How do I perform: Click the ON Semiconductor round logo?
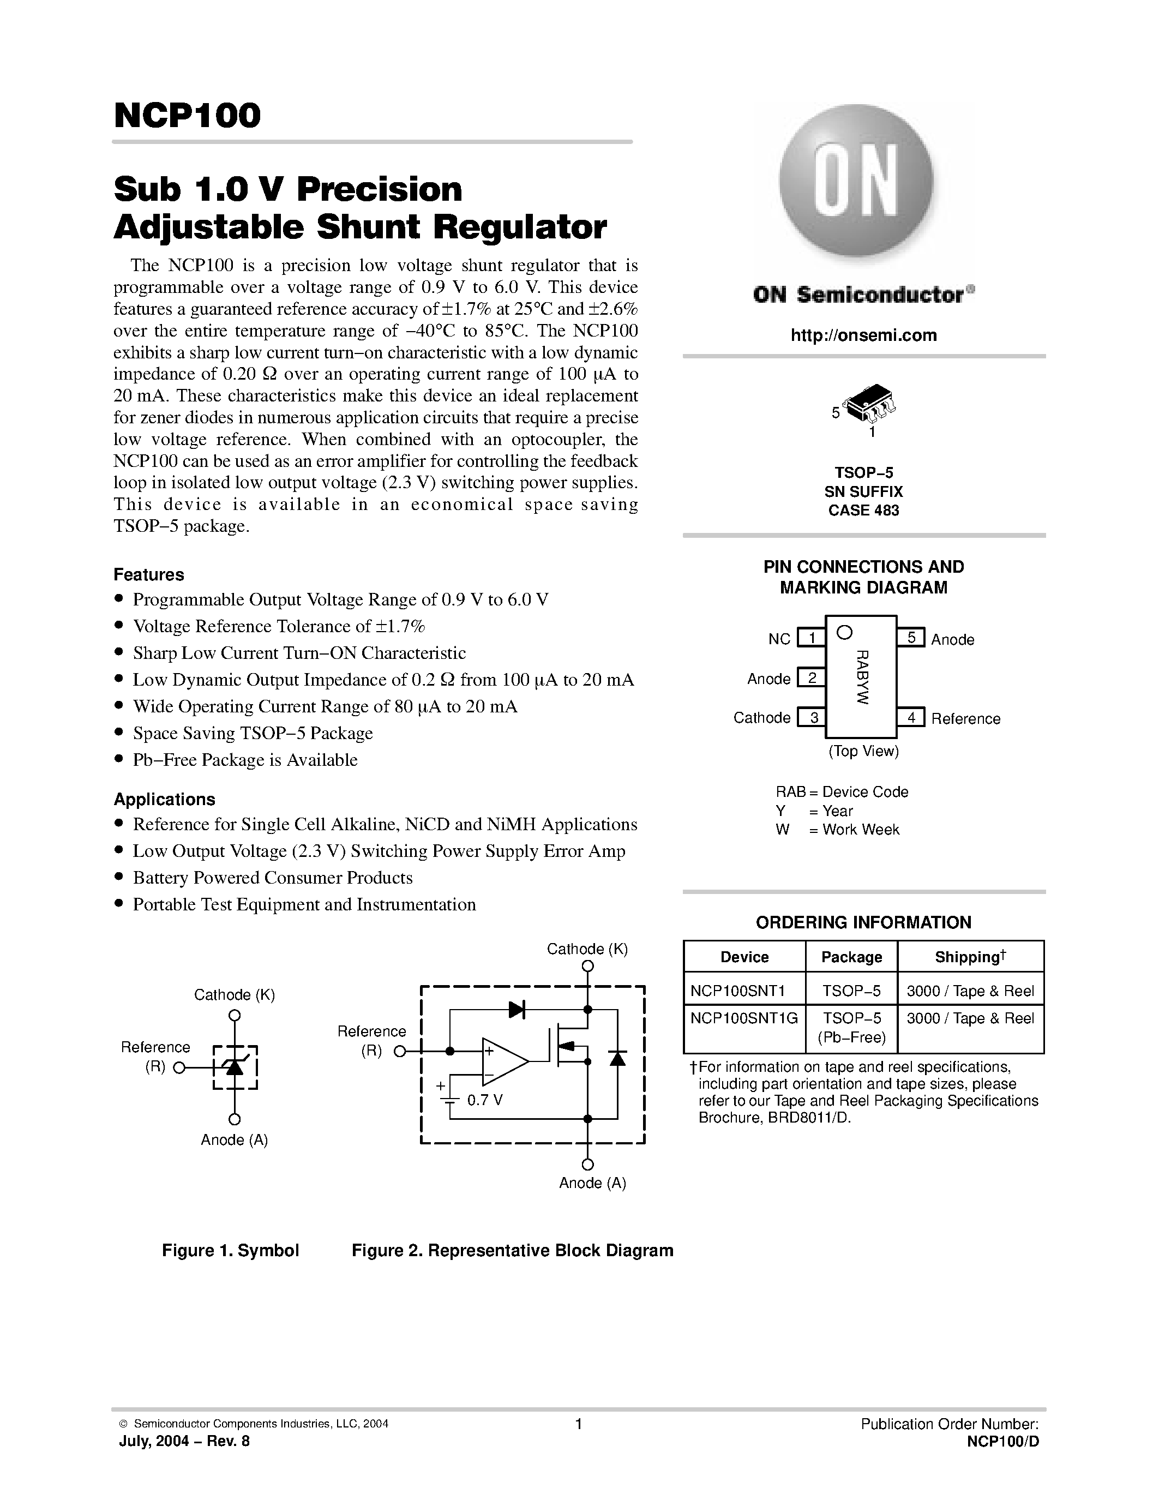(x=856, y=181)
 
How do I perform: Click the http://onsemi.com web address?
(x=863, y=335)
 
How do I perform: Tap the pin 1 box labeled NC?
(x=811, y=638)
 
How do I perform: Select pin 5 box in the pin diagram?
(x=911, y=637)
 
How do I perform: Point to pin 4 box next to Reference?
(x=911, y=718)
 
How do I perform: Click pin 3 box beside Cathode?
(x=812, y=718)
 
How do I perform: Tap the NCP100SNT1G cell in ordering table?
(x=743, y=1018)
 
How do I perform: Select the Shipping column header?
(x=970, y=957)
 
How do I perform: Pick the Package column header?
(x=851, y=957)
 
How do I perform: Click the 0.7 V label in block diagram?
(x=485, y=1100)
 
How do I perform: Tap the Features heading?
(x=149, y=574)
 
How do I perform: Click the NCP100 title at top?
(x=188, y=116)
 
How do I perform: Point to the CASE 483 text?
(x=863, y=511)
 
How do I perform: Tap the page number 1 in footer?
(x=578, y=1424)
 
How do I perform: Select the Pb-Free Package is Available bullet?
(x=245, y=760)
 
